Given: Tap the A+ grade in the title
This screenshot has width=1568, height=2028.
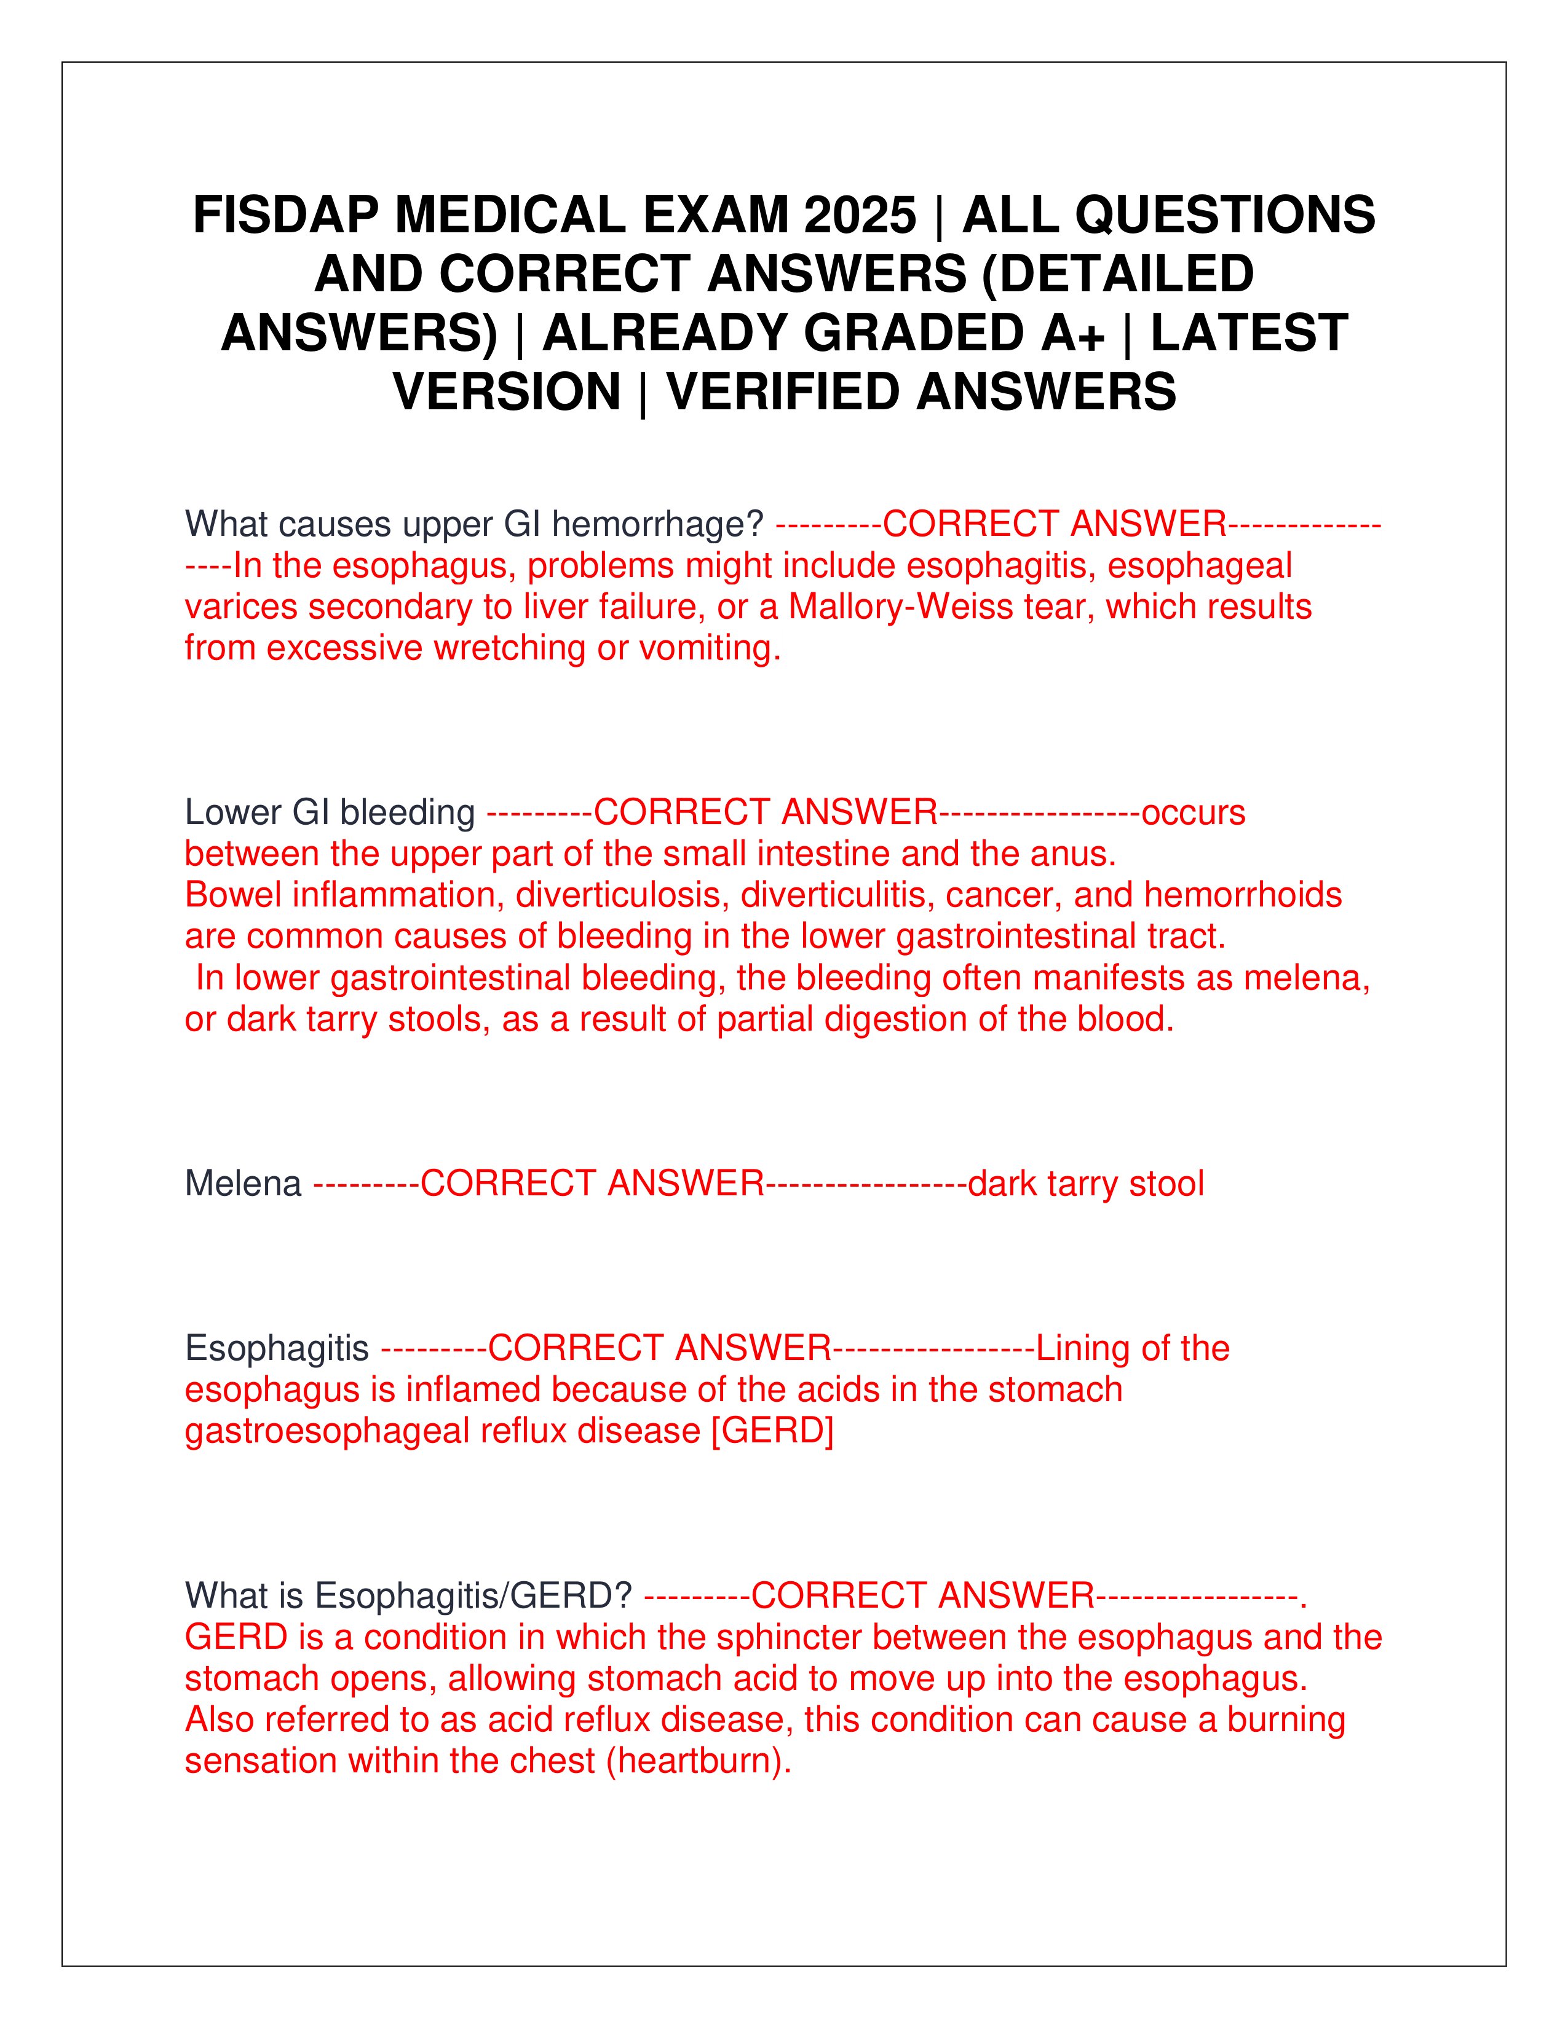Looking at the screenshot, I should coord(1073,332).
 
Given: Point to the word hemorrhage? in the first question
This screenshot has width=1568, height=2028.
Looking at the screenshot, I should coord(658,525).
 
